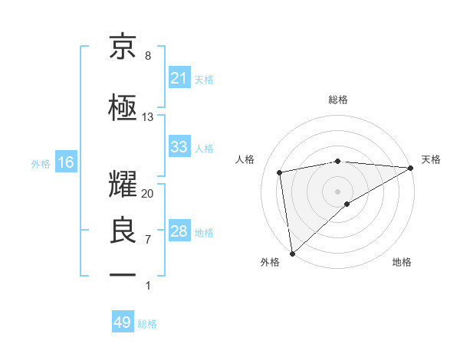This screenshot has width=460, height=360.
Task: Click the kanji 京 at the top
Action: pyautogui.click(x=123, y=47)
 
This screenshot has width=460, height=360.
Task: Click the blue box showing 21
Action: pyautogui.click(x=179, y=78)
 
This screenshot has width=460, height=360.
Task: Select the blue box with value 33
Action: pyautogui.click(x=179, y=147)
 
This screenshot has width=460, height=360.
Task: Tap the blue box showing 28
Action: pyautogui.click(x=179, y=231)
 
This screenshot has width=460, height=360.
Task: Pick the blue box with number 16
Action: pyautogui.click(x=65, y=162)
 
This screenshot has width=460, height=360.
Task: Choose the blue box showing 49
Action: pyautogui.click(x=123, y=322)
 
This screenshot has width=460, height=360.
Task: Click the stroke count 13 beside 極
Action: pyautogui.click(x=148, y=117)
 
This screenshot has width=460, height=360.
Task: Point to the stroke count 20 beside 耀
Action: pyautogui.click(x=148, y=194)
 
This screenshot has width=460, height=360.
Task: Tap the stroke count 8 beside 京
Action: pyautogui.click(x=148, y=56)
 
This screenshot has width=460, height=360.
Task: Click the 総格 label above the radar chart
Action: pyautogui.click(x=338, y=100)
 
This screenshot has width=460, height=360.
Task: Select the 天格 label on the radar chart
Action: pyautogui.click(x=431, y=159)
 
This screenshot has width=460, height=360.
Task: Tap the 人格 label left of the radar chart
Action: pyautogui.click(x=245, y=159)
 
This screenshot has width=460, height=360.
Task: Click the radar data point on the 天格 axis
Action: pyautogui.click(x=411, y=168)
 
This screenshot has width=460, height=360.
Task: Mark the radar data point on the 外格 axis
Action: pyautogui.click(x=292, y=254)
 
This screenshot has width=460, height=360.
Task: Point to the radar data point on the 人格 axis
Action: pyautogui.click(x=280, y=172)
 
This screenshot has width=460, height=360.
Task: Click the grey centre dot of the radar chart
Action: pyautogui.click(x=338, y=190)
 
